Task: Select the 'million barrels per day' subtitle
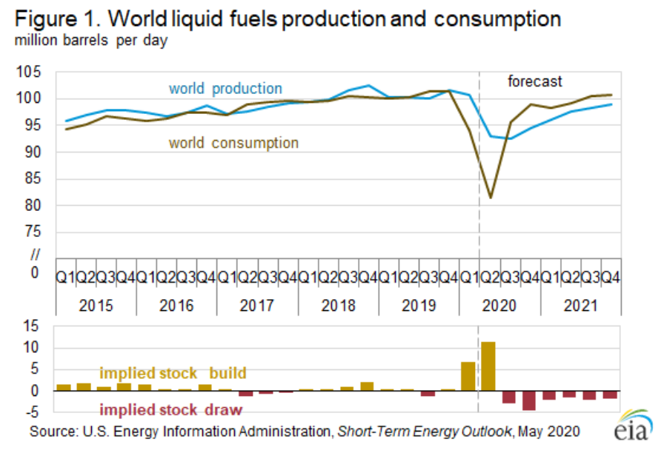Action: (x=90, y=40)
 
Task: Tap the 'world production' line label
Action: (x=225, y=89)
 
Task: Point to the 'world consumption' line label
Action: (x=233, y=143)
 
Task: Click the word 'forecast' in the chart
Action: (x=534, y=81)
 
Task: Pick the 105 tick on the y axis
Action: (x=36, y=73)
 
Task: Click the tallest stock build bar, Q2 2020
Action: (x=488, y=366)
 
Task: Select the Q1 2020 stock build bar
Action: (x=468, y=376)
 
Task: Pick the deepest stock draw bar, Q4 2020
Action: (x=528, y=400)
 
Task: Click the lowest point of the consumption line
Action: (x=490, y=198)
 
